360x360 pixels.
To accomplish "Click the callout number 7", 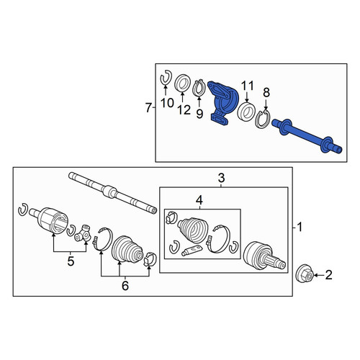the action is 149,107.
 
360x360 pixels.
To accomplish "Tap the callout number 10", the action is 167,103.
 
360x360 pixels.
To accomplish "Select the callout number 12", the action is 184,109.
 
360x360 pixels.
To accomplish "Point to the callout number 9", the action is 199,114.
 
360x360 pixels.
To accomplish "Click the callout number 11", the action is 247,86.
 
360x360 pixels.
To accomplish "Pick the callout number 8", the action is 266,92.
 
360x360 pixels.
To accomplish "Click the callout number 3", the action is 221,178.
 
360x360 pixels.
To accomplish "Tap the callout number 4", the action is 199,200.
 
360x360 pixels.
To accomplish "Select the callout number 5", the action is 71,261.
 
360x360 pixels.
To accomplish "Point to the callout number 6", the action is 125,286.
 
